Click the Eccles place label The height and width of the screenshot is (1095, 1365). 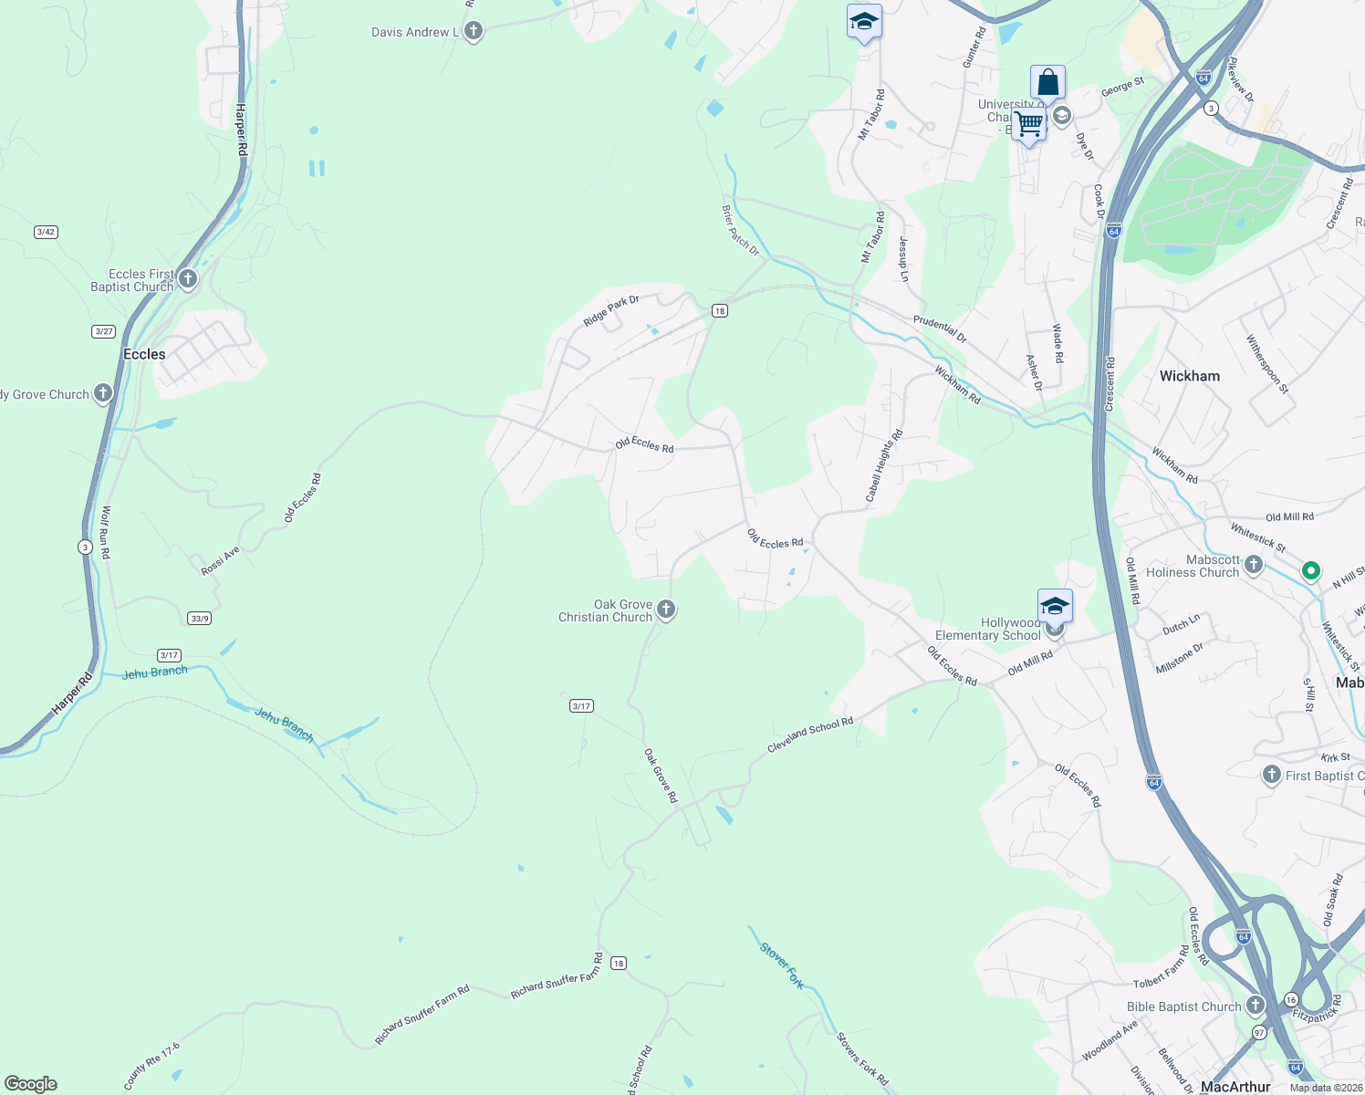pyautogui.click(x=144, y=354)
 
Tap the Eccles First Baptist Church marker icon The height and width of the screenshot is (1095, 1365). pyautogui.click(x=188, y=278)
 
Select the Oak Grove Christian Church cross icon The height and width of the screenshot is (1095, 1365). pyautogui.click(x=666, y=610)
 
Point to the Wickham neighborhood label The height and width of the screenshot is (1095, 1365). pyautogui.click(x=1189, y=376)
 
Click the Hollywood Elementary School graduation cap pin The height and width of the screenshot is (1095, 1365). pyautogui.click(x=1055, y=606)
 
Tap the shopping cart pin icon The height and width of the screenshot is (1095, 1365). pyautogui.click(x=1028, y=123)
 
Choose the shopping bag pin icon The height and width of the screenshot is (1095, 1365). pyautogui.click(x=1048, y=83)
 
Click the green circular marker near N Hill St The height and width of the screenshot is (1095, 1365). pyautogui.click(x=1311, y=571)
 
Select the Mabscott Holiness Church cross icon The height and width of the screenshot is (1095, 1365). pyautogui.click(x=1254, y=565)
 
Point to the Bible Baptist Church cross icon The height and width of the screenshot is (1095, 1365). pyautogui.click(x=1256, y=1006)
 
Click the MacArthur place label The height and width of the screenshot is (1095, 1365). pyautogui.click(x=1235, y=1087)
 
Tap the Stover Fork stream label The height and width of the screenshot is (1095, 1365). pyautogui.click(x=782, y=966)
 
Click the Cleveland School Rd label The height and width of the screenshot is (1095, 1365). pyautogui.click(x=810, y=735)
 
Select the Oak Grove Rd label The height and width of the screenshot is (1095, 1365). pyautogui.click(x=661, y=777)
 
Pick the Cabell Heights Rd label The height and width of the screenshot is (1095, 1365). pyautogui.click(x=883, y=465)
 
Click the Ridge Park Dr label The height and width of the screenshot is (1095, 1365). pyautogui.click(x=611, y=310)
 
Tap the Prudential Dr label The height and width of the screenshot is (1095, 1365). pyautogui.click(x=940, y=328)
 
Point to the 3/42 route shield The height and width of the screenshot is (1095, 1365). pyautogui.click(x=46, y=232)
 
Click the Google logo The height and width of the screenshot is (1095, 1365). pyautogui.click(x=31, y=1084)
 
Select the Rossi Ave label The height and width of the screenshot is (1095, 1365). pyautogui.click(x=220, y=561)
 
